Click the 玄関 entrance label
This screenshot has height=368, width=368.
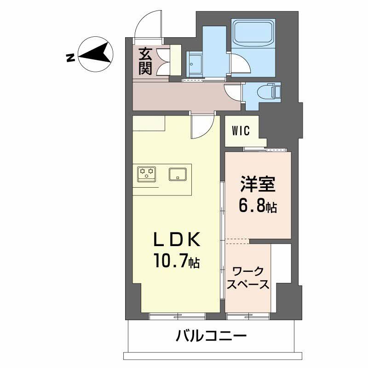click(x=145, y=62)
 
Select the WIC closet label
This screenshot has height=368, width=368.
click(x=241, y=131)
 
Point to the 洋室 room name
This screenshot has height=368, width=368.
click(x=257, y=184)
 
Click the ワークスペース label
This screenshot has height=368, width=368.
click(x=248, y=278)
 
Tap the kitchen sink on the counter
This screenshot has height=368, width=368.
click(x=177, y=174)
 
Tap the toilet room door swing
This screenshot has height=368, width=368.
click(x=232, y=92)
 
